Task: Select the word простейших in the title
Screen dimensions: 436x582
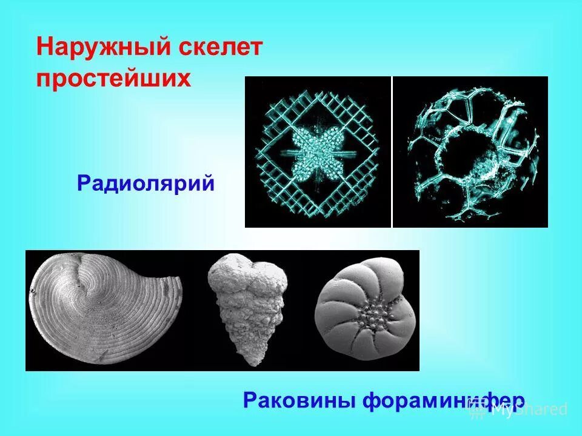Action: pos(114,79)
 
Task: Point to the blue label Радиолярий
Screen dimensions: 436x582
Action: pos(146,182)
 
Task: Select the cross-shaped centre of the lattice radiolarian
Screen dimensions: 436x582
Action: pos(317,151)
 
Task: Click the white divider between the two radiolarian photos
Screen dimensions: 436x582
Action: pos(392,151)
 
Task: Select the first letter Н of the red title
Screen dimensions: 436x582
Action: pos(44,47)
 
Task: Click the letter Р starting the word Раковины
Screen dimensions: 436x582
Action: pos(250,400)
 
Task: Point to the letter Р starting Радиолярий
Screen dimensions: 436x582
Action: pos(84,182)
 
